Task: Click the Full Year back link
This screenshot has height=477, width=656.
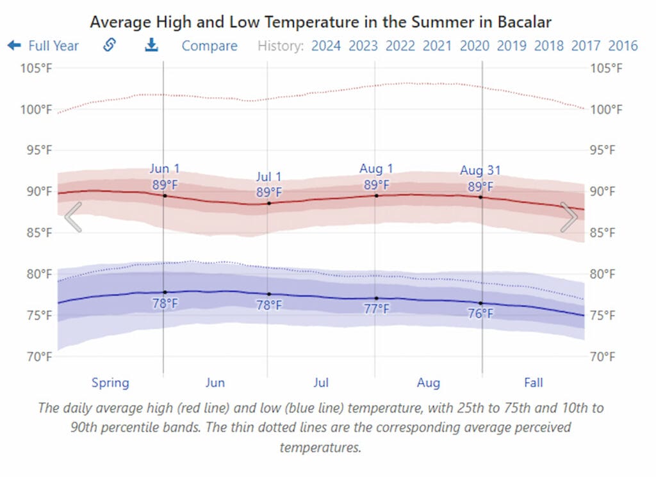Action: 44,46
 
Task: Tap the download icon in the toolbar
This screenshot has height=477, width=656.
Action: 151,45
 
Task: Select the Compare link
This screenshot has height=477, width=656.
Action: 209,46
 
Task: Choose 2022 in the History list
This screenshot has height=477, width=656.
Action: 400,46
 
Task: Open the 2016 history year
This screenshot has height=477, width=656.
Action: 623,46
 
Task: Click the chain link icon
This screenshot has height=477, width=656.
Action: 110,45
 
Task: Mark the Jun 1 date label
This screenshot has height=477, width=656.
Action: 165,169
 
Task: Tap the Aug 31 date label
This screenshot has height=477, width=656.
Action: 480,171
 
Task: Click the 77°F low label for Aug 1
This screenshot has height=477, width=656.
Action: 377,309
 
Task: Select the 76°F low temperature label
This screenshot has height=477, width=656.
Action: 480,314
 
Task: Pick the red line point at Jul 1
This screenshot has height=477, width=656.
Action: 269,203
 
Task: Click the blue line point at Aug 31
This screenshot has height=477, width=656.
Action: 481,303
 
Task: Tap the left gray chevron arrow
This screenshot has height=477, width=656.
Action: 73,217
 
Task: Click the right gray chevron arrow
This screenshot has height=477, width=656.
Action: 569,217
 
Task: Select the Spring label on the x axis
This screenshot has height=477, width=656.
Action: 110,383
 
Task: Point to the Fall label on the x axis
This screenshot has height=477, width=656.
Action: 533,383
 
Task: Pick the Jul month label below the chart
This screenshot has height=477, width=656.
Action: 321,383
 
